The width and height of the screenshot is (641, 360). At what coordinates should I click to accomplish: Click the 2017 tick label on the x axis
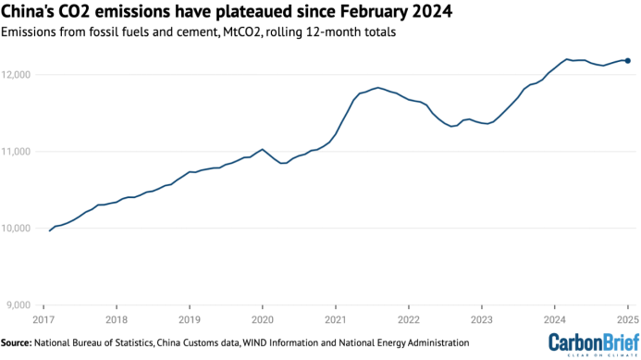point(43,320)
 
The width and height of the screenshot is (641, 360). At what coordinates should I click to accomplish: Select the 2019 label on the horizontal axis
point(190,320)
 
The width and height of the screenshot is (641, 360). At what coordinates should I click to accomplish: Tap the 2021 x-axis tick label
point(336,320)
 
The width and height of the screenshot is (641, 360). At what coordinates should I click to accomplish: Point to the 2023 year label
point(482,320)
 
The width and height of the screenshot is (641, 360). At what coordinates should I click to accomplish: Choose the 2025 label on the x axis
point(628,320)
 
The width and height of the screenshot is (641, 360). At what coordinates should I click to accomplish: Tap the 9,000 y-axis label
point(18,305)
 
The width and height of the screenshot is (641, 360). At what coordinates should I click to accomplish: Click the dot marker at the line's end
point(628,61)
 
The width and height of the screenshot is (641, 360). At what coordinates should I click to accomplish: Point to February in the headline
point(374,12)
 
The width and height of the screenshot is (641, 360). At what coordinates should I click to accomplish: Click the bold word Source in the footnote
point(16,342)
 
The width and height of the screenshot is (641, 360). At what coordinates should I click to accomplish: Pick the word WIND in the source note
point(253,342)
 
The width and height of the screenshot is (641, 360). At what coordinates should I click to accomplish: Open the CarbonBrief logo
point(594,344)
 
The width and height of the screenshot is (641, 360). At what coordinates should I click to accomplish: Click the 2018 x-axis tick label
point(117,320)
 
